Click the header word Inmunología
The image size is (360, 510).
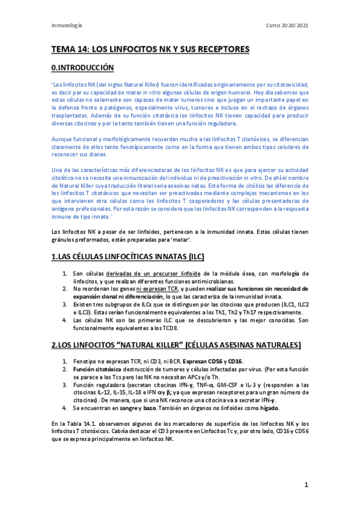click(x=67, y=26)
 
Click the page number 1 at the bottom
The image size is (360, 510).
click(x=306, y=485)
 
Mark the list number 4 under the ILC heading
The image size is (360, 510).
click(x=66, y=320)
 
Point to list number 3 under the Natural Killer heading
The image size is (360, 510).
click(x=66, y=383)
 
